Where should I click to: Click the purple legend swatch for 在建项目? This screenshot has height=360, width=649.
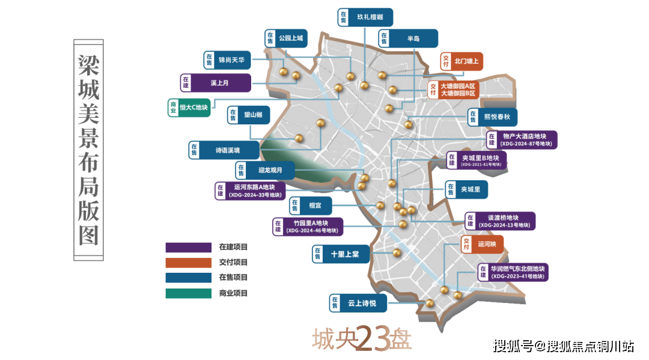pyautogui.click(x=189, y=247)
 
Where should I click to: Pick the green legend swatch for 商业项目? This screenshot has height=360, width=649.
pyautogui.click(x=189, y=293)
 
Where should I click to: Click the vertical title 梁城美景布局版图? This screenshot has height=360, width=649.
pyautogui.click(x=88, y=150)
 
